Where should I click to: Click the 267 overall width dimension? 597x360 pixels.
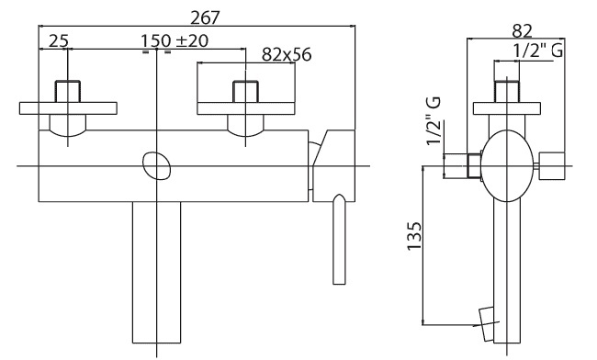205,17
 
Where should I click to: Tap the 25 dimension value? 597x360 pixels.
58,40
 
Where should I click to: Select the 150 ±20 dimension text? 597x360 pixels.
175,40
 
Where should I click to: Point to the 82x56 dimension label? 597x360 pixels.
287,55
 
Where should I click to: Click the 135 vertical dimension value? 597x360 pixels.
414,235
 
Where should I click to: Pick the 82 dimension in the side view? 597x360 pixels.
522,31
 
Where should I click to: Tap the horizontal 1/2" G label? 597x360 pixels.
538,51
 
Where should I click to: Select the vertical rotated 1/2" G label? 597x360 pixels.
434,120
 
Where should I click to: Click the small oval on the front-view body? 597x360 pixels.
156,166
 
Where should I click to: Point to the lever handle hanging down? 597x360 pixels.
339,239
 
